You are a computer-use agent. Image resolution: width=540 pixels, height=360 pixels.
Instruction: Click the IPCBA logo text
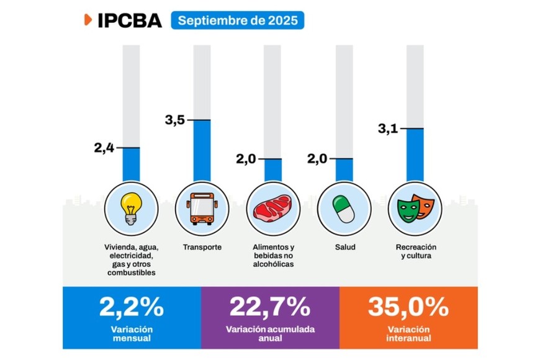pos(130,20)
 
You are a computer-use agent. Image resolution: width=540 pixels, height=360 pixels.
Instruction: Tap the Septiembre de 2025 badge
pos(238,20)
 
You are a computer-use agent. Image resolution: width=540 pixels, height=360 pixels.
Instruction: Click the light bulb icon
pos(132,207)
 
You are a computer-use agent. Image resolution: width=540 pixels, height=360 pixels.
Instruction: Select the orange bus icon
pos(202,207)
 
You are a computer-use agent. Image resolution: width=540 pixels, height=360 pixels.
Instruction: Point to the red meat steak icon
pos(272,207)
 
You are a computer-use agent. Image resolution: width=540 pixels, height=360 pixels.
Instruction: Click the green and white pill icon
pos(343,207)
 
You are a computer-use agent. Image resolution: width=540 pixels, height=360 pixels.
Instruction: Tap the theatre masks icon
pos(414,207)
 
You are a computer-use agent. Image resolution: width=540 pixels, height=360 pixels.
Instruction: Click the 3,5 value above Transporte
pos(176,119)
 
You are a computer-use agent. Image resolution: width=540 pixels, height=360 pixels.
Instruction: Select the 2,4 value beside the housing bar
pos(104,148)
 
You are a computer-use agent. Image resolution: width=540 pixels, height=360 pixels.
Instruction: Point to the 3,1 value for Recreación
pos(389,129)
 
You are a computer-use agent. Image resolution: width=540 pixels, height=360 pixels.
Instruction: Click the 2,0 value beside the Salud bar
pos(317,159)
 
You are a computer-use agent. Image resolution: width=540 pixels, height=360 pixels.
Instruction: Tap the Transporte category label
pos(202,248)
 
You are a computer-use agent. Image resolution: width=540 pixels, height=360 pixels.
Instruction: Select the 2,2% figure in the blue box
pos(132,307)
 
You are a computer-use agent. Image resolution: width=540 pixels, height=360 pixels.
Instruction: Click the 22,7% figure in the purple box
pos(270,307)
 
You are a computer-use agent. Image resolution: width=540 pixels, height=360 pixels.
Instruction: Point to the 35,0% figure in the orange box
pos(408,307)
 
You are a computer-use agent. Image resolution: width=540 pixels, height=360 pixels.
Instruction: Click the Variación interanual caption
pos(408,333)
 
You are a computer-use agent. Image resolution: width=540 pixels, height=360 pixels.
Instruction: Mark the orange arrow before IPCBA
pos(88,19)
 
